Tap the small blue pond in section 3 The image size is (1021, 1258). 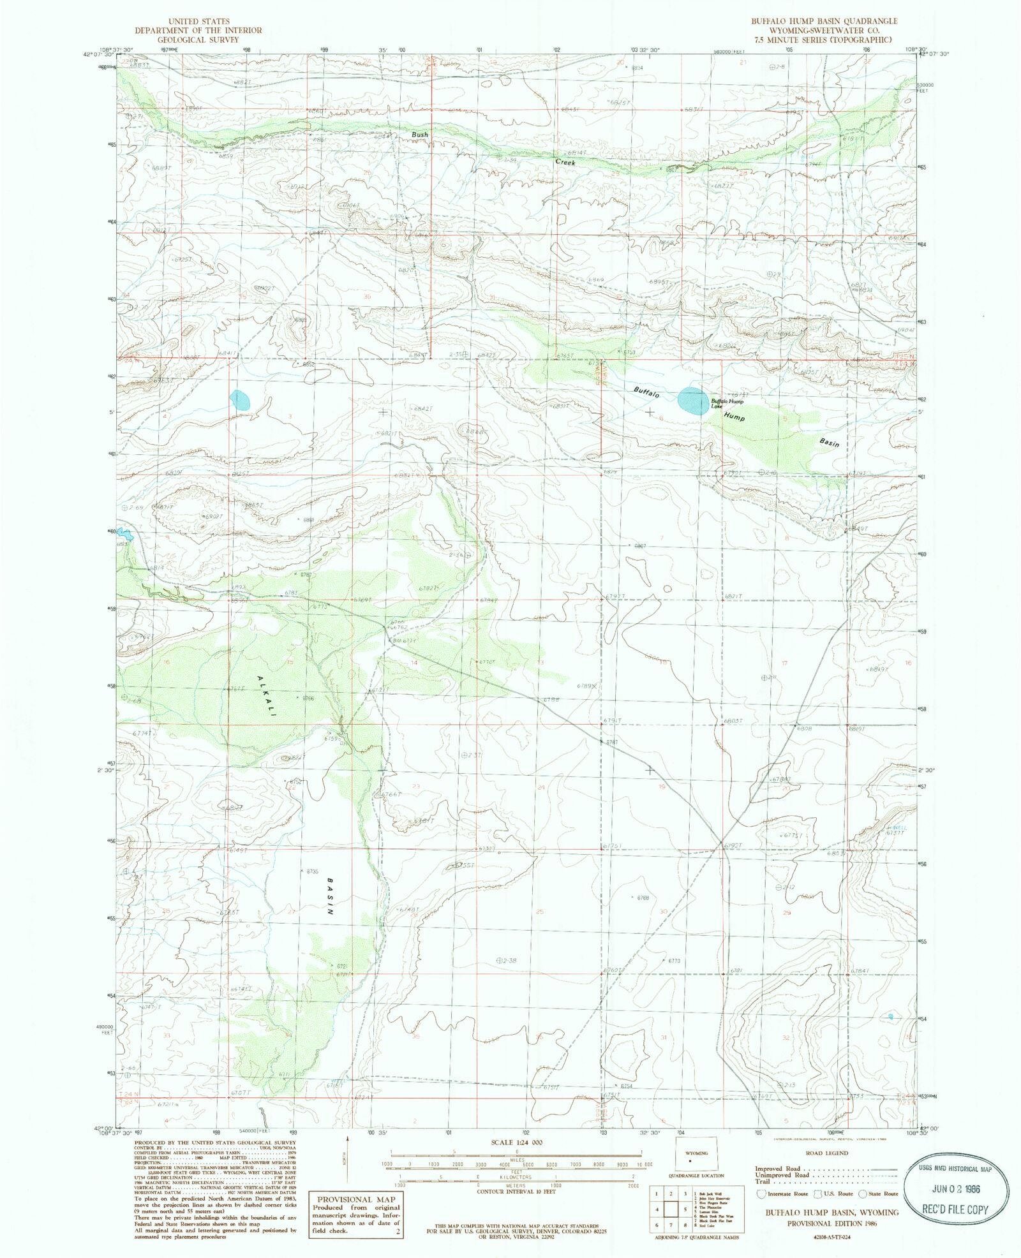(241, 400)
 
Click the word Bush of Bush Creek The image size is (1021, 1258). (419, 135)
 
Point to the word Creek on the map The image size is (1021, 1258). (565, 162)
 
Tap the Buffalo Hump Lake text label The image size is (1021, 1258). (727, 403)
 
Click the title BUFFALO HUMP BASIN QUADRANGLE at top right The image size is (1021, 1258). (824, 21)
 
